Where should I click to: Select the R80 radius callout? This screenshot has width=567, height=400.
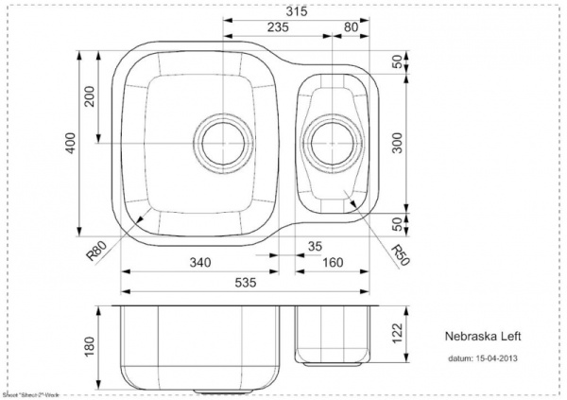[95, 252]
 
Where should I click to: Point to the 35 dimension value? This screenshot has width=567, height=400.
[315, 248]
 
